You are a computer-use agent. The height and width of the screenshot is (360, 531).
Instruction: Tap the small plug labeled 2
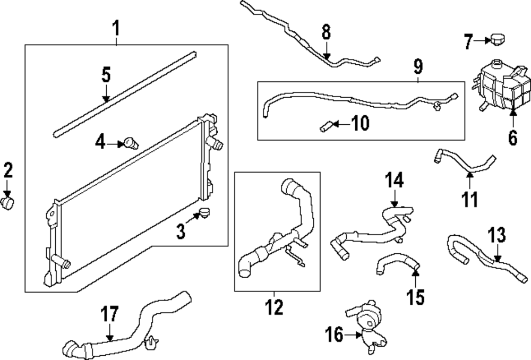8,203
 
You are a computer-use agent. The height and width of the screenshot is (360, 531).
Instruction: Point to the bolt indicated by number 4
130,142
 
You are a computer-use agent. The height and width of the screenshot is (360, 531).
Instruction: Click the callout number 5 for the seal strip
106,75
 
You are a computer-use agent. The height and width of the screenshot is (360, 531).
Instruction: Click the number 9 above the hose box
418,67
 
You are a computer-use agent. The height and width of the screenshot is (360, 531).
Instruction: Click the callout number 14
395,180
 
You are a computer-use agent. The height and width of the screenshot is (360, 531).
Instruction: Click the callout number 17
109,314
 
